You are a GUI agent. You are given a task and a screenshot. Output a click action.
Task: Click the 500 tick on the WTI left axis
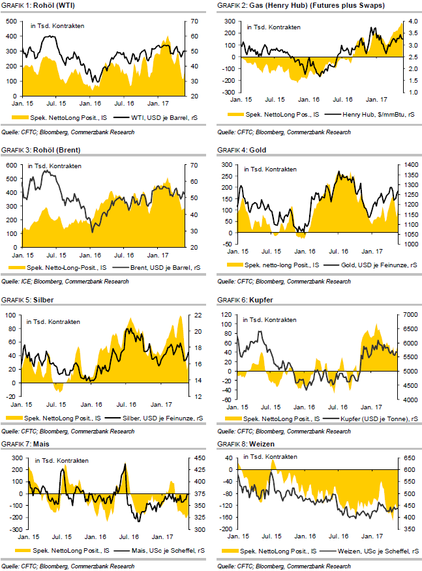tap(10, 22)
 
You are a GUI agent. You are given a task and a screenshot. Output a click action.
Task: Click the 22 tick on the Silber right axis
tap(193, 315)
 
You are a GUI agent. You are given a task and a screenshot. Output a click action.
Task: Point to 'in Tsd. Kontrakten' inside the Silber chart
tap(53, 322)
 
